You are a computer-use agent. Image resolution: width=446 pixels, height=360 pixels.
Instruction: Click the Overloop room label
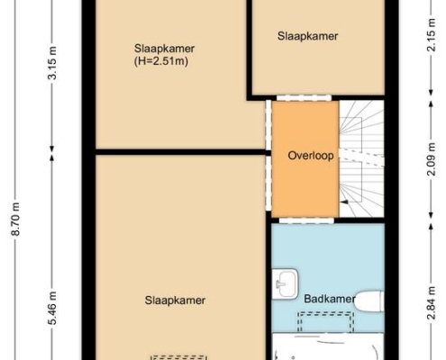coord(311,156)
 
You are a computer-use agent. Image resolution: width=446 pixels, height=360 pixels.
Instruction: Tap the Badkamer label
coord(330,299)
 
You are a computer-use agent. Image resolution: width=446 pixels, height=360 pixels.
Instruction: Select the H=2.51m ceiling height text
coord(161,61)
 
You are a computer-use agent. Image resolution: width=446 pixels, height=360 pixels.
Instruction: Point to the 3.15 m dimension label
coord(52,63)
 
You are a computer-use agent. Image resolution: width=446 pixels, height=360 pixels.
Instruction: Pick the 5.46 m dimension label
coord(52,308)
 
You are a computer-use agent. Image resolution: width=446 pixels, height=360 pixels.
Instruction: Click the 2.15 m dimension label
coord(431,34)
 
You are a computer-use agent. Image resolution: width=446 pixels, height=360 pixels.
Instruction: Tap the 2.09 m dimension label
coord(432,159)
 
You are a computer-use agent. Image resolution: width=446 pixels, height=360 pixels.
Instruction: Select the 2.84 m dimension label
coord(432,303)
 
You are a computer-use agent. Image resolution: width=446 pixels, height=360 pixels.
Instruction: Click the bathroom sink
coord(285,283)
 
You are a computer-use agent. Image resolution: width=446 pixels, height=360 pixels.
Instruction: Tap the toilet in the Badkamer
coord(369,301)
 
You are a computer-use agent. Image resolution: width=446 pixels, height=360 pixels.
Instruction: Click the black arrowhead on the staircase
coord(344,202)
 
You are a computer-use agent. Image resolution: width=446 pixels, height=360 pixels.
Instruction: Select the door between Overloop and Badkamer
coord(306,220)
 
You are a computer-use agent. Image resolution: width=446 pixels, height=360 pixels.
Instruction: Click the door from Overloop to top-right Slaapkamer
coord(304,98)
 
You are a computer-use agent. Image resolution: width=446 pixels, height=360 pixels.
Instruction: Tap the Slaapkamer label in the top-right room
coord(307,36)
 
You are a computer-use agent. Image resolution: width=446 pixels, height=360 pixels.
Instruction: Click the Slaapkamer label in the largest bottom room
coord(175,301)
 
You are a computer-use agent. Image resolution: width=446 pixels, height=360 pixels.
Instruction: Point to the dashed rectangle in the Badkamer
coord(325,322)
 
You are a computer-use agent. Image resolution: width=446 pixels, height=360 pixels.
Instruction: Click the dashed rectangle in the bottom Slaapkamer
coord(179,357)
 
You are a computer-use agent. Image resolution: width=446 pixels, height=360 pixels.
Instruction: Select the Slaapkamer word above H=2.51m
coord(164,49)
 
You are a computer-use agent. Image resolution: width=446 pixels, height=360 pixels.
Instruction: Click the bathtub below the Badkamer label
coord(328,346)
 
